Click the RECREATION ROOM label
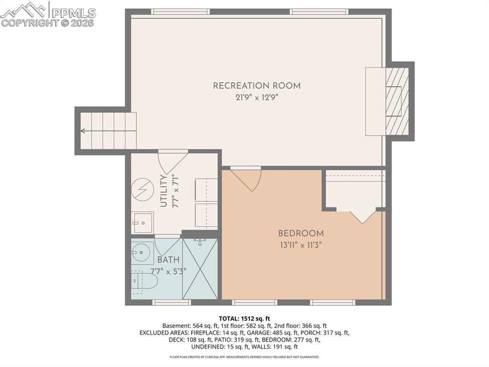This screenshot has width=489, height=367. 256,86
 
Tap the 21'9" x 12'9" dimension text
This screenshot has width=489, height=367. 256,98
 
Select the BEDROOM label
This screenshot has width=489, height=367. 301,234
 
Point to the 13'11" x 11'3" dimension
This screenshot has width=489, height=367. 301,245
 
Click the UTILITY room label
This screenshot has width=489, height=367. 163,191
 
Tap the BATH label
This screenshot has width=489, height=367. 168,260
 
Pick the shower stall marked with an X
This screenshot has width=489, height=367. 200,268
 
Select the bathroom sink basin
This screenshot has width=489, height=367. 141,253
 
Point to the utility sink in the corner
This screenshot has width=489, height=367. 142,222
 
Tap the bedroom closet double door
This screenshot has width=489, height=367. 362,215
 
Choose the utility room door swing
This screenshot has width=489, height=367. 171,163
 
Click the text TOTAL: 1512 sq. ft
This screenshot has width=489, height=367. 244,318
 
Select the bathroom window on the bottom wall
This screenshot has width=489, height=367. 171,302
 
